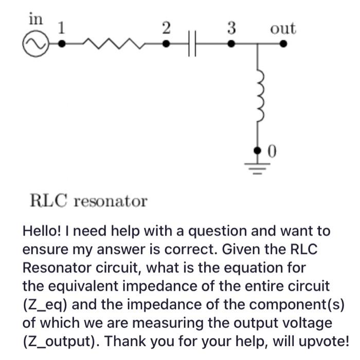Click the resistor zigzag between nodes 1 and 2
pos(113,44)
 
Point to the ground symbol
pos(259,168)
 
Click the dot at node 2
pos(166,44)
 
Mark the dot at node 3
pos(231,44)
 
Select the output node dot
pos(283,44)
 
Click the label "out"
pos(283,28)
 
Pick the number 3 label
pos(231,28)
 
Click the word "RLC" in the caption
pos(48,200)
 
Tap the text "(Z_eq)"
pos(46,304)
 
